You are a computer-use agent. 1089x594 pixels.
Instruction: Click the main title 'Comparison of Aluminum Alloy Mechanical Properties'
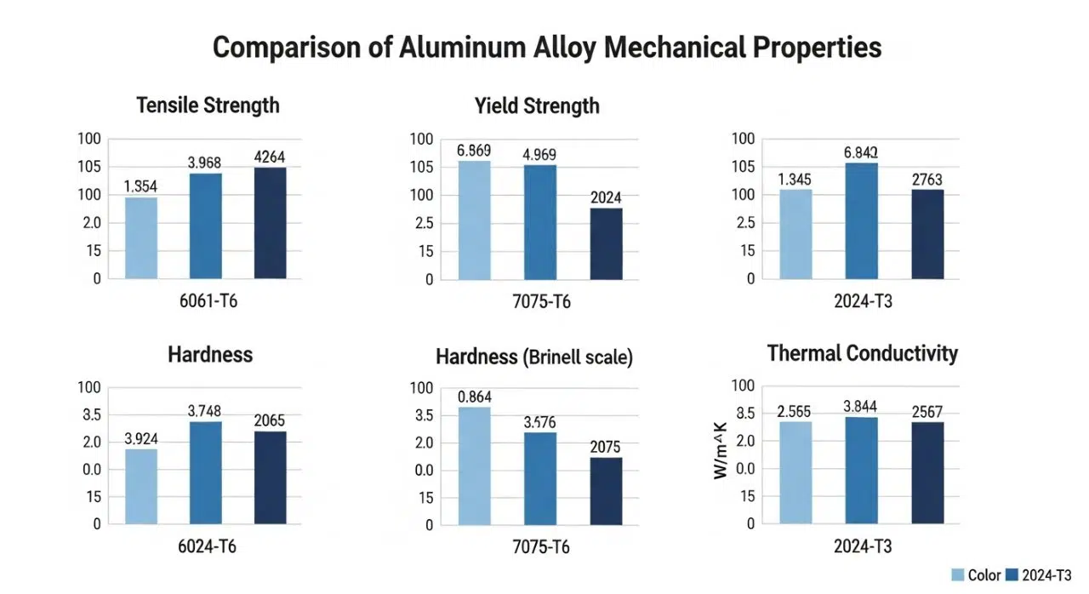pos(546,49)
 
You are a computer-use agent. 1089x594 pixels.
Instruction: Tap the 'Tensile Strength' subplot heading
pos(208,106)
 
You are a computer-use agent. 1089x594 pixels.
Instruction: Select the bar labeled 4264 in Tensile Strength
pos(271,223)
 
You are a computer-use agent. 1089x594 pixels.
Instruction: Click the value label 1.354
pos(141,186)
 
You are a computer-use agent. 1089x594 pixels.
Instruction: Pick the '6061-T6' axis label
pos(207,300)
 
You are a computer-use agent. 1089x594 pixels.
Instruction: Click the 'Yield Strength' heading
pos(537,106)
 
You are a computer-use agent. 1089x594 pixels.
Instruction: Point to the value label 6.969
pos(473,151)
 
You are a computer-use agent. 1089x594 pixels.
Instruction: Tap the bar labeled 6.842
pos(861,221)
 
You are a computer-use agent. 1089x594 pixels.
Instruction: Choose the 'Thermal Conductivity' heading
pos(863,353)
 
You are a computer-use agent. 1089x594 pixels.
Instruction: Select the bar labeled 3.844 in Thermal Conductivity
pos(861,470)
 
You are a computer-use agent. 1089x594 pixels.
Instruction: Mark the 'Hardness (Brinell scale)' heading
pos(534,357)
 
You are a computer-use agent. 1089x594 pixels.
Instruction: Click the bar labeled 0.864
pos(474,466)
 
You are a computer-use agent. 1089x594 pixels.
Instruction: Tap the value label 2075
pos(605,447)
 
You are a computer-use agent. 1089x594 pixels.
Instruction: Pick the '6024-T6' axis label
pos(207,546)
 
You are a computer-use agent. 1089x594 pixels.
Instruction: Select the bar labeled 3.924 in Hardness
pos(141,486)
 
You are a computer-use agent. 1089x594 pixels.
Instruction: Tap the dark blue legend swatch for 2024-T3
pos(1012,575)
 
